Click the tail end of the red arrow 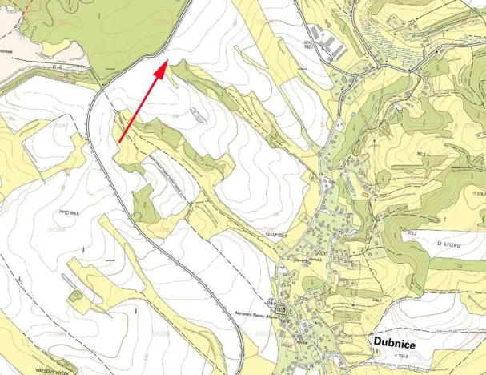120,142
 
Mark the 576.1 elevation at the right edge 479,193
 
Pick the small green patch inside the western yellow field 75,296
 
